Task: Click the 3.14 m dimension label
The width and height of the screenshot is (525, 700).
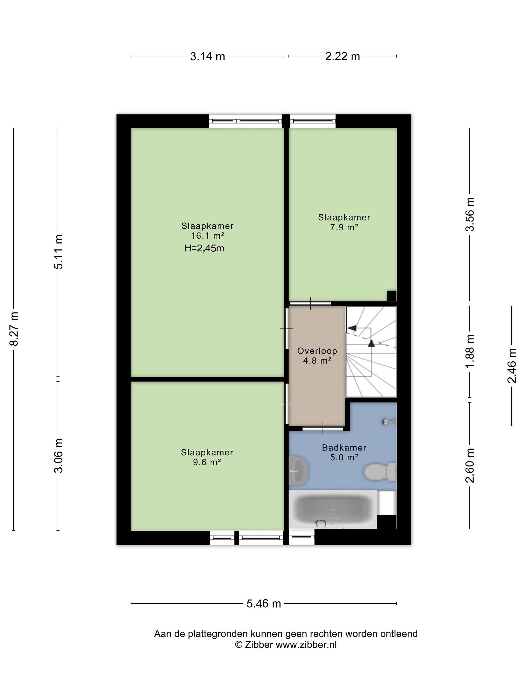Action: click(207, 56)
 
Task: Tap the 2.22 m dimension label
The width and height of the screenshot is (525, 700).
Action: click(342, 56)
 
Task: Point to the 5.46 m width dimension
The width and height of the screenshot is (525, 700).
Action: click(264, 604)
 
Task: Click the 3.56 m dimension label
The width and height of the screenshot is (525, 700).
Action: click(470, 214)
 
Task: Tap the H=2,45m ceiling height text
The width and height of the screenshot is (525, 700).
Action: click(204, 248)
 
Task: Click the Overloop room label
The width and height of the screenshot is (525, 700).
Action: click(317, 351)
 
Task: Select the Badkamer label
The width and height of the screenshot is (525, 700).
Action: click(344, 447)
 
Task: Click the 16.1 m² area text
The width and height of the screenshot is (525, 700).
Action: click(208, 236)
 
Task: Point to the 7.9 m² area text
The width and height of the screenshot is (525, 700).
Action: click(344, 227)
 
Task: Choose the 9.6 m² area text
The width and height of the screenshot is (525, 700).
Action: click(207, 462)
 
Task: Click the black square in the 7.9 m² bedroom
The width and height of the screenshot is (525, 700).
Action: click(392, 296)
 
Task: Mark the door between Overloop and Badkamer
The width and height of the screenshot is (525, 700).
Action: click(323, 428)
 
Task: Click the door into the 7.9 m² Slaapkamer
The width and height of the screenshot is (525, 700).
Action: click(310, 304)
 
